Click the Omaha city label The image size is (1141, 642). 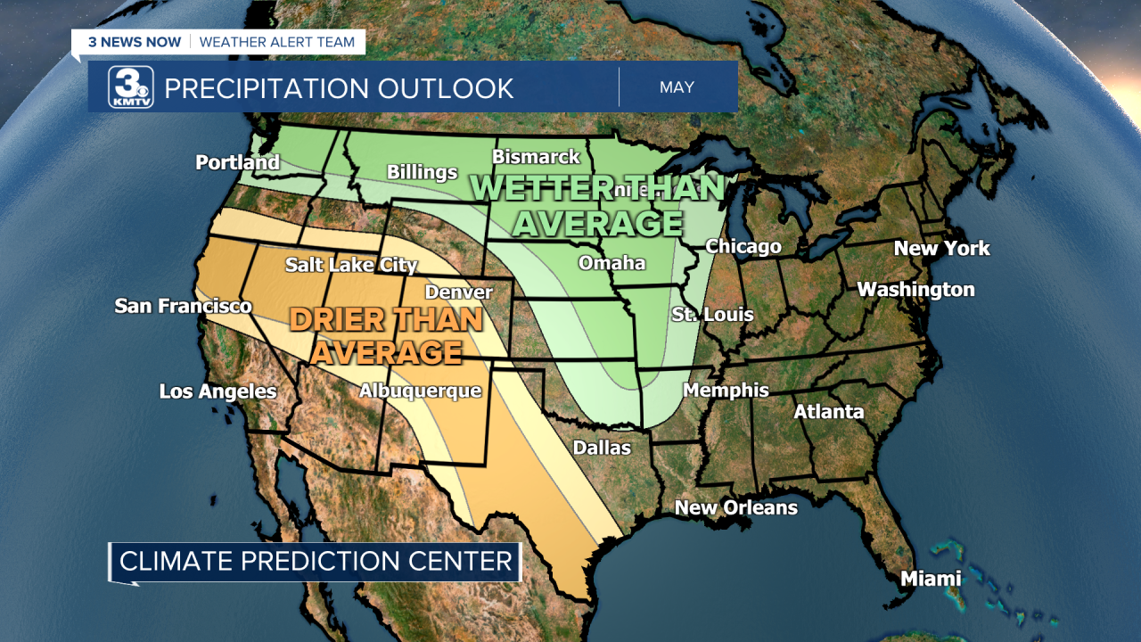point(612,263)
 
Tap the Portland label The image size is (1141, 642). point(237,162)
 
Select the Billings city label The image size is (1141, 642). point(422,172)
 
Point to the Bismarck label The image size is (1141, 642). point(536,157)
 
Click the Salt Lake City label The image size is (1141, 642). point(351,265)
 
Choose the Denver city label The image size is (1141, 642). point(458,292)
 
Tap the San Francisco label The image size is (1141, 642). point(183,306)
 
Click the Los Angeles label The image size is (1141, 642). point(218,391)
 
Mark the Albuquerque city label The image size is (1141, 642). point(420,391)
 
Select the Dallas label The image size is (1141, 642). point(602,448)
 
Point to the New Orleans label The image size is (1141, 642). point(735,507)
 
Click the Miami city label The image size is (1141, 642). point(931,579)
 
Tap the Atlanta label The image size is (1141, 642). point(829,411)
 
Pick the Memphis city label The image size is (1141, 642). point(726,390)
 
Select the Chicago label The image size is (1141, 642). point(743,246)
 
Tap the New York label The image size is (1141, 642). point(941,248)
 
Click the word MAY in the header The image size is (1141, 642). point(677,87)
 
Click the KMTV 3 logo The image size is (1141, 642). point(131,87)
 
